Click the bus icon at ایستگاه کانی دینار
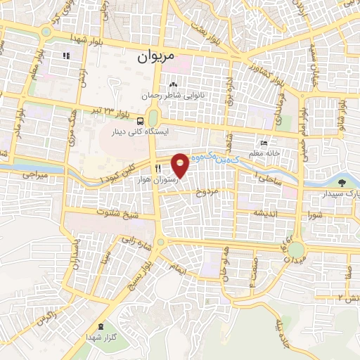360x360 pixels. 141,120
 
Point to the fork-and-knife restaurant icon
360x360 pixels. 159,169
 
